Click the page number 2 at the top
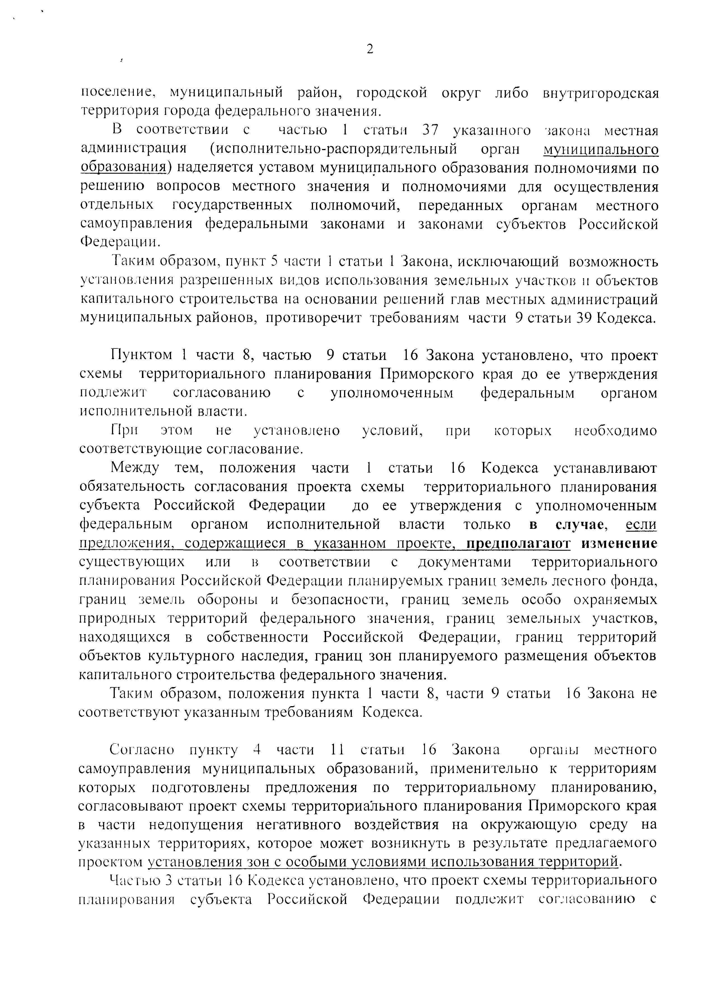(x=370, y=49)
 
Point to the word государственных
(x=232, y=205)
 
